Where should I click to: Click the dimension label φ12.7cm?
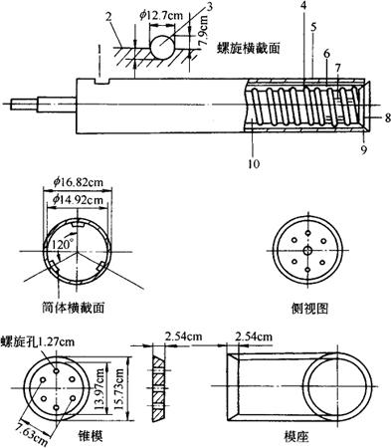coord(161,16)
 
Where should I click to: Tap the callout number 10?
coord(254,163)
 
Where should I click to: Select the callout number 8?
coord(387,117)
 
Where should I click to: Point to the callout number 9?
coord(364,150)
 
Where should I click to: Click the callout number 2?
coord(108,17)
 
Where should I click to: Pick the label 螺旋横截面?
coord(249,48)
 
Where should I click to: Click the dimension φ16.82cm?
coord(78,182)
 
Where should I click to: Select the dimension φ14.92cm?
coord(78,199)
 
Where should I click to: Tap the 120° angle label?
coord(61,245)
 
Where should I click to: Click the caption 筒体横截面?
coord(74,308)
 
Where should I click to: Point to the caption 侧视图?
coord(309,309)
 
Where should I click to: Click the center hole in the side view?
coord(308,250)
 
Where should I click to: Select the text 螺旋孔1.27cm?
coord(38,341)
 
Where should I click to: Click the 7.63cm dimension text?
coord(33,434)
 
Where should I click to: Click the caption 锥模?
coord(91,435)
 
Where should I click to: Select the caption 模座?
coord(296,436)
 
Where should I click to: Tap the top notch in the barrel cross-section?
coord(78,225)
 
